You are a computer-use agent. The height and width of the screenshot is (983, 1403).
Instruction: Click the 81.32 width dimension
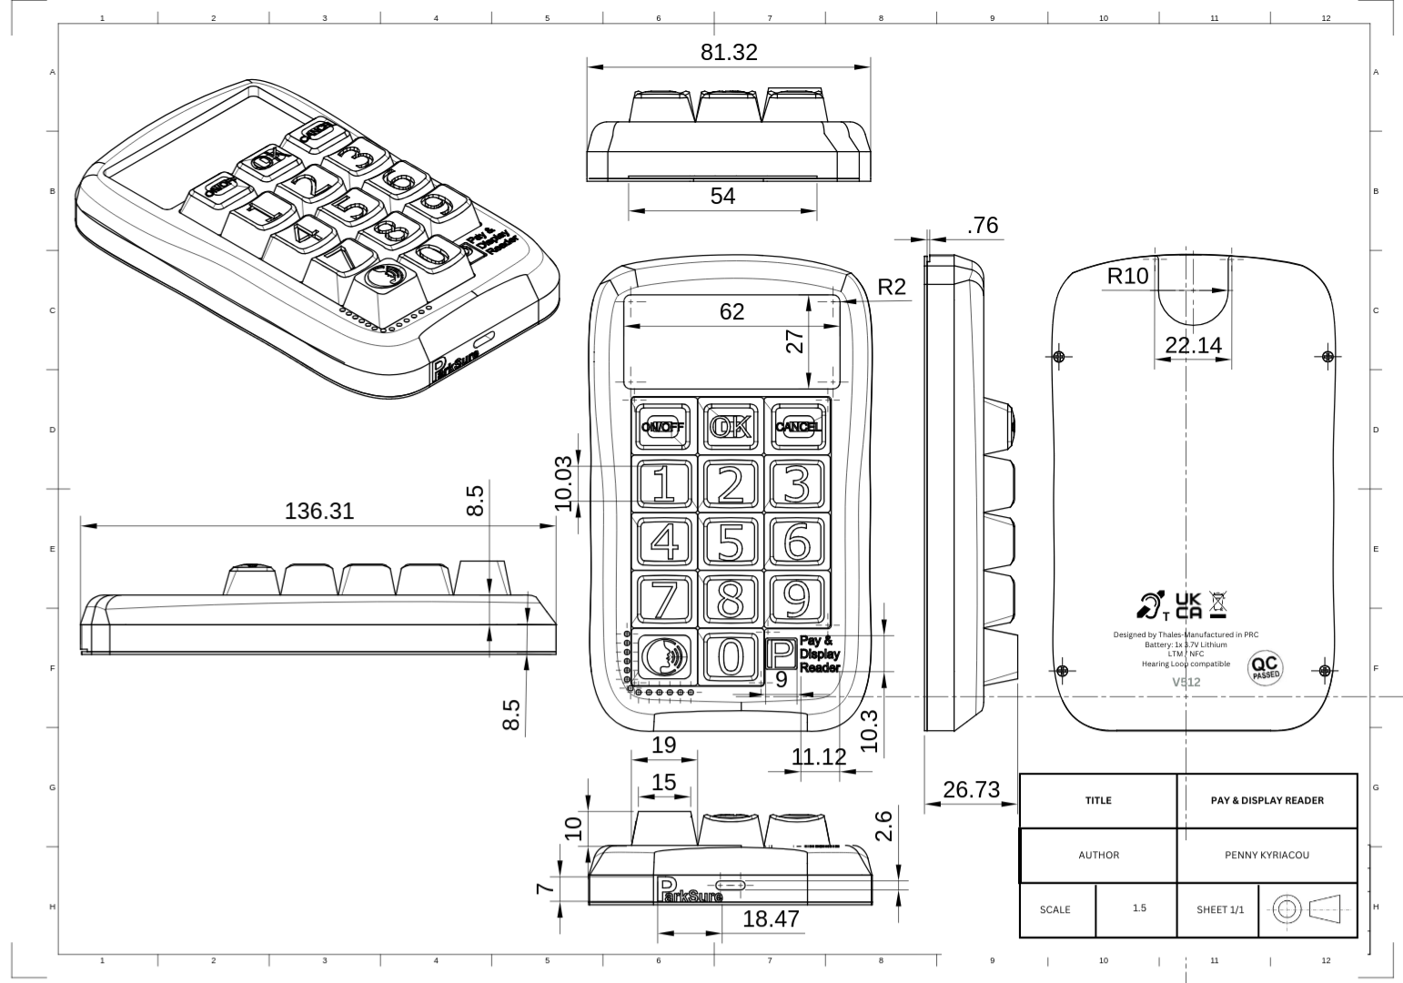pos(728,53)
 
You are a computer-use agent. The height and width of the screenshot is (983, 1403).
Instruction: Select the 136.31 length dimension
pos(318,512)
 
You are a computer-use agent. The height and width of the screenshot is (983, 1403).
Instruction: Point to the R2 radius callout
pos(892,288)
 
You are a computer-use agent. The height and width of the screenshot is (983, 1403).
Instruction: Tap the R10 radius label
pos(1127,276)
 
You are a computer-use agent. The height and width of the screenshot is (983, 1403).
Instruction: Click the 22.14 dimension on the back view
pos(1193,345)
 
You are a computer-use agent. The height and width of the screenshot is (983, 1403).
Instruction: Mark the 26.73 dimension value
pos(971,790)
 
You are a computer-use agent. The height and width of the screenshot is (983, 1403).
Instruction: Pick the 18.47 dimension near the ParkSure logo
pos(771,919)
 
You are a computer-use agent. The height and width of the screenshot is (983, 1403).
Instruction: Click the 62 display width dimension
pos(732,312)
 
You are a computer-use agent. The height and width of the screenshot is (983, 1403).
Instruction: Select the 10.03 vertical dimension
pos(563,483)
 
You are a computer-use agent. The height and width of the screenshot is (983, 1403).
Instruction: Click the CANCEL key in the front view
pos(797,426)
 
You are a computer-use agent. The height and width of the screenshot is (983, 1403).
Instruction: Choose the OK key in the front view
pos(731,426)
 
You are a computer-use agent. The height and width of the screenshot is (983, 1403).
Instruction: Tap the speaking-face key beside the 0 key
pos(664,655)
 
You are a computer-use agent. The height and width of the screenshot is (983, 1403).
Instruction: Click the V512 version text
pos(1186,682)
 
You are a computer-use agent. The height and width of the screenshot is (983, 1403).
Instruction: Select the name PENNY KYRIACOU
pos(1267,856)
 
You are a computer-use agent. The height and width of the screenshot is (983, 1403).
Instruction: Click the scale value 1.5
pos(1139,908)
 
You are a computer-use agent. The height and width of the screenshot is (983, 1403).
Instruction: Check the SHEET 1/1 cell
pos(1219,909)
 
